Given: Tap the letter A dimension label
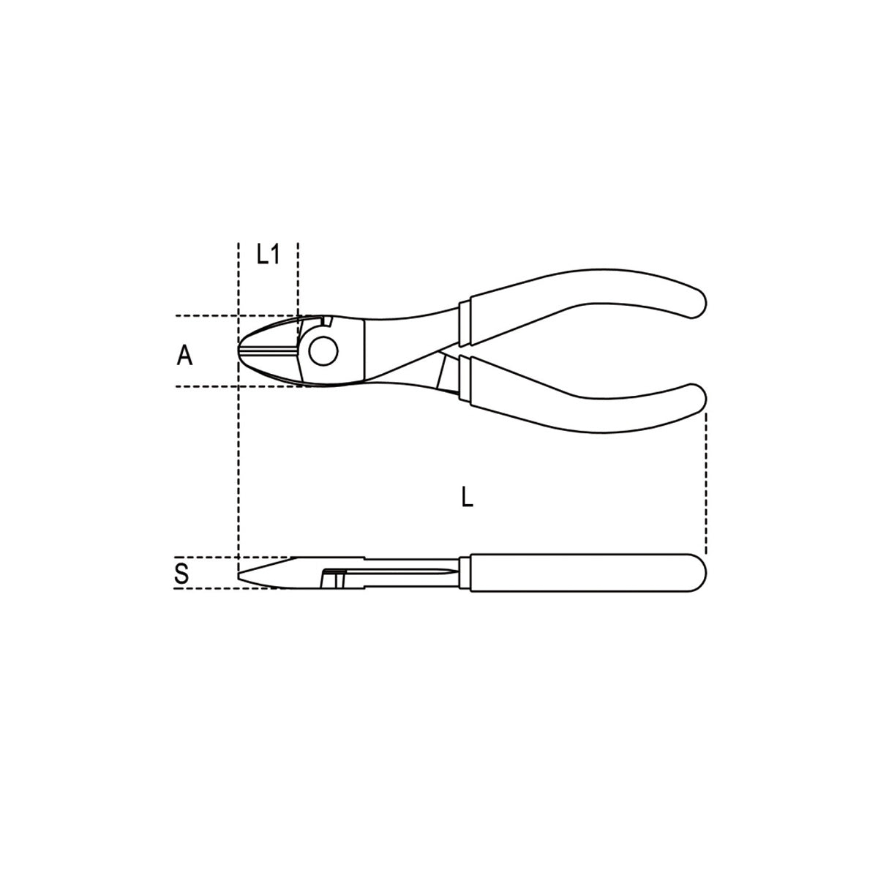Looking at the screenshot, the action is click(184, 355).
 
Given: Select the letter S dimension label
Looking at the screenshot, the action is click(181, 574).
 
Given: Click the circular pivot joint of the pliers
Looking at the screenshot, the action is click(323, 351).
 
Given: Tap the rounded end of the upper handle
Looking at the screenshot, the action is click(697, 302).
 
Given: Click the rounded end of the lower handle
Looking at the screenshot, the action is click(697, 399).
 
